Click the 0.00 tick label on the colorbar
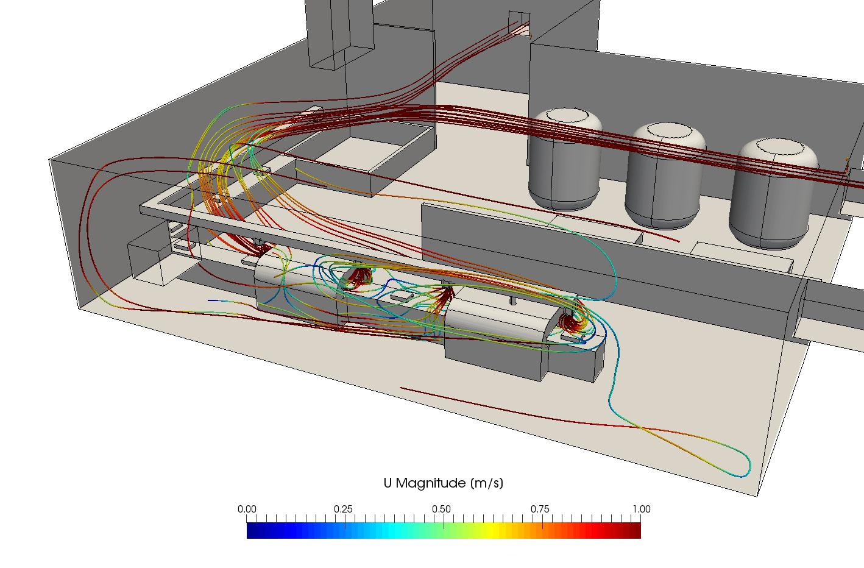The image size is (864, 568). point(247,509)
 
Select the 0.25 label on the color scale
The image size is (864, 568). point(343,509)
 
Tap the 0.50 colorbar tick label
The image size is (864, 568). point(441,509)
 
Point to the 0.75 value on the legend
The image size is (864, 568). point(540,509)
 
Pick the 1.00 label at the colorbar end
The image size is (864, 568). point(642,509)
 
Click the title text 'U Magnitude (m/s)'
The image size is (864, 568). point(444,483)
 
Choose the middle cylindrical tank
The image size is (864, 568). point(665,176)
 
